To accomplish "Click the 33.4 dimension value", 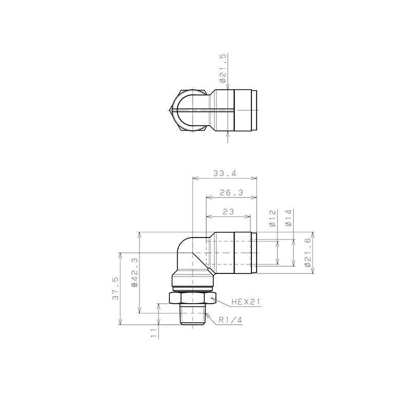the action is tap(225, 173).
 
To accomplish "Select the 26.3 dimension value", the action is tap(232, 193).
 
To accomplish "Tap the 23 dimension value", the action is tap(228, 212).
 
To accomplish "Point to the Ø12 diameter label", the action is tap(272, 218).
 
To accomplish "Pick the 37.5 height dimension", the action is tap(116, 288).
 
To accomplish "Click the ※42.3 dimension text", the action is tap(135, 272).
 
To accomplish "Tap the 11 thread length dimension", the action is tap(153, 333).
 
